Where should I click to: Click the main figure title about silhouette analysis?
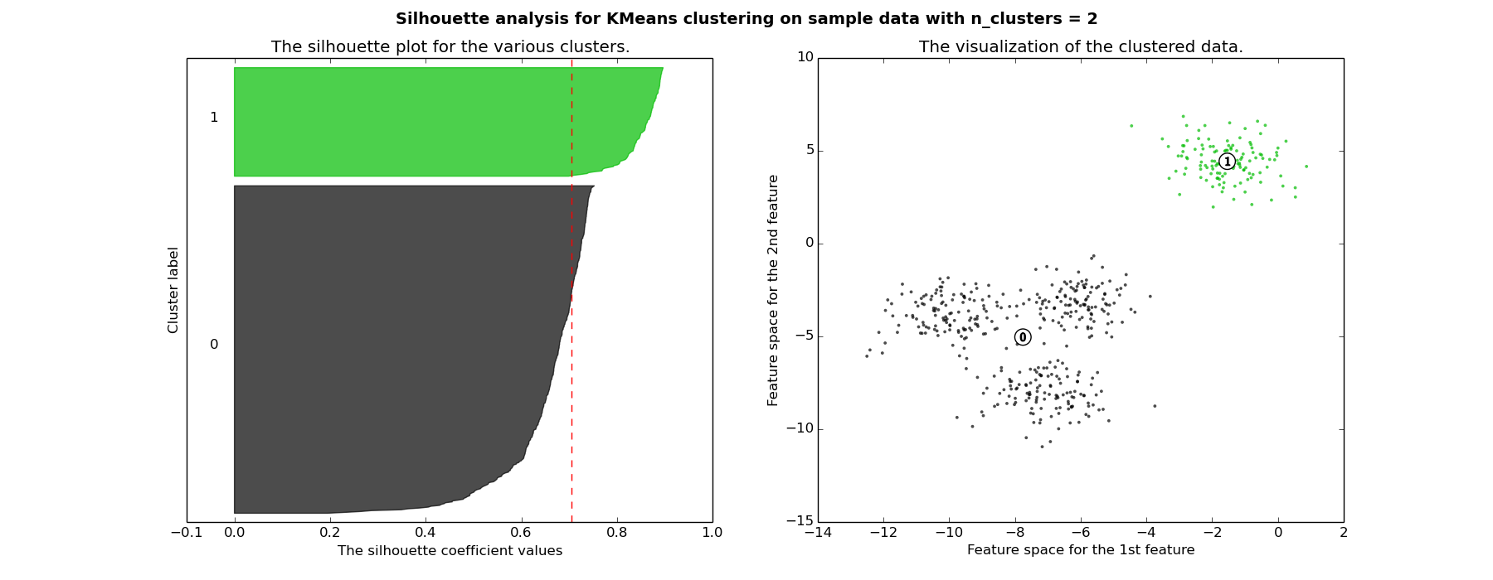point(746,19)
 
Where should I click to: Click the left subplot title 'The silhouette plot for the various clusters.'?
point(450,47)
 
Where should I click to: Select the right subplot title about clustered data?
point(1081,47)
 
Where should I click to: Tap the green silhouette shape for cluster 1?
point(415,122)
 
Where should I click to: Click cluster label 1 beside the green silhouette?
point(214,118)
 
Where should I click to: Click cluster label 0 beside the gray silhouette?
point(214,345)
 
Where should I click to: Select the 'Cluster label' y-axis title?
point(173,290)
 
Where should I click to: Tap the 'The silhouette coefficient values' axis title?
point(450,551)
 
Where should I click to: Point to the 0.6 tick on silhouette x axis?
point(521,533)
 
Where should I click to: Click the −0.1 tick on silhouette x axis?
point(185,533)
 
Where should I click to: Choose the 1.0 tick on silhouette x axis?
point(712,533)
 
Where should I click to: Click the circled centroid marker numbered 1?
point(1228,162)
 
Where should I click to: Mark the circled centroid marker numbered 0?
point(1023,337)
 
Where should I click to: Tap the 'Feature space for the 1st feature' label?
point(1081,550)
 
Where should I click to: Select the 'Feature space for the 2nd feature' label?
point(774,290)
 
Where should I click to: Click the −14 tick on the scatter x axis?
point(817,533)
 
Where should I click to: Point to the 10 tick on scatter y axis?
point(805,57)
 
